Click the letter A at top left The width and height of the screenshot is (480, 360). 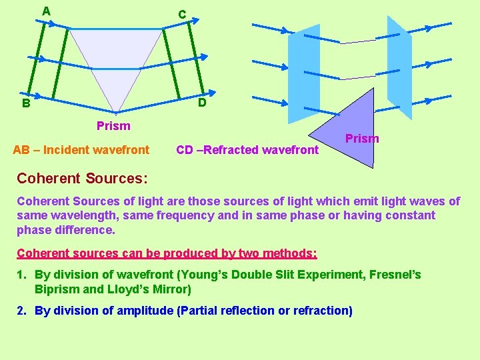pos(46,11)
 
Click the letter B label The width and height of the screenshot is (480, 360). pos(25,103)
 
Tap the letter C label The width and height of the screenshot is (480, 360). pos(181,14)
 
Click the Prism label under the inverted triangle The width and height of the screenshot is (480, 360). pos(113,125)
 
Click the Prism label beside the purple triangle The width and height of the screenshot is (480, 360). pos(363,139)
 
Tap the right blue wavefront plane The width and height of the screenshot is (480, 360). pos(399,70)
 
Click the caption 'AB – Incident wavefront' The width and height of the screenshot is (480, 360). pos(81,149)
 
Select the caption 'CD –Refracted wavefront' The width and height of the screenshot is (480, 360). pos(247,149)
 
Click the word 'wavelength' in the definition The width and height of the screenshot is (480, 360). pos(79,215)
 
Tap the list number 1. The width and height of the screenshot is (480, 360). pos(21,275)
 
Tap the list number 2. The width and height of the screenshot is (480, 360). pos(21,310)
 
